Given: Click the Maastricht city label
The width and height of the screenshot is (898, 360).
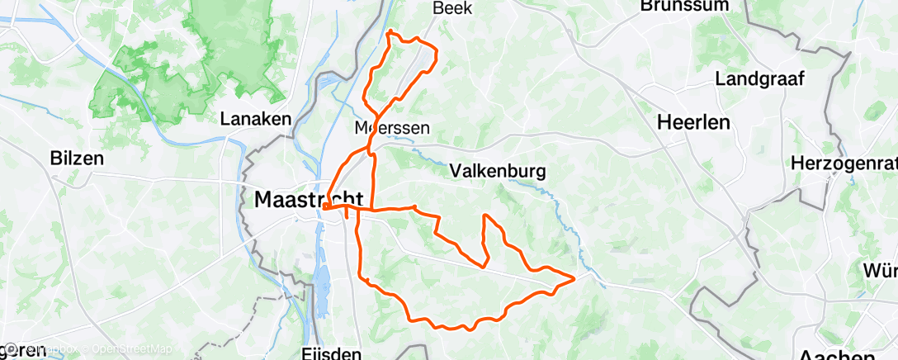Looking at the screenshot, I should click(x=309, y=200).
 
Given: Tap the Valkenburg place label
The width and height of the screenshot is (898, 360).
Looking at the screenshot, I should click(x=498, y=171).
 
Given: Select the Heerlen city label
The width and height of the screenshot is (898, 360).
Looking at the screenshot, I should click(x=694, y=123).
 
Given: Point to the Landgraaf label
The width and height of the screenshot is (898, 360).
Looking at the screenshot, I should click(x=759, y=79).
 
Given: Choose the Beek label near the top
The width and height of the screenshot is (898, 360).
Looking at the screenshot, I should click(x=451, y=7).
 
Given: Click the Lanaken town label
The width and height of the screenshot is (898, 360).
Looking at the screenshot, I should click(x=256, y=119).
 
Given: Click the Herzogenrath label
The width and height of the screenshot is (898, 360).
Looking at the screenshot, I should click(x=844, y=162).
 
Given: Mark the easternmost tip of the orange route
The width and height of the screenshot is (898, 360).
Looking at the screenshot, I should click(x=574, y=278).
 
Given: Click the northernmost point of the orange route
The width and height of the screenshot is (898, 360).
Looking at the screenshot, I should click(x=390, y=32).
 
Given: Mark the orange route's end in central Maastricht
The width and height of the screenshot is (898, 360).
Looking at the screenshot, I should click(x=324, y=207).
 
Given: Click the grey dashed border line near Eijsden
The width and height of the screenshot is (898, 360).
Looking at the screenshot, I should click(x=248, y=305).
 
